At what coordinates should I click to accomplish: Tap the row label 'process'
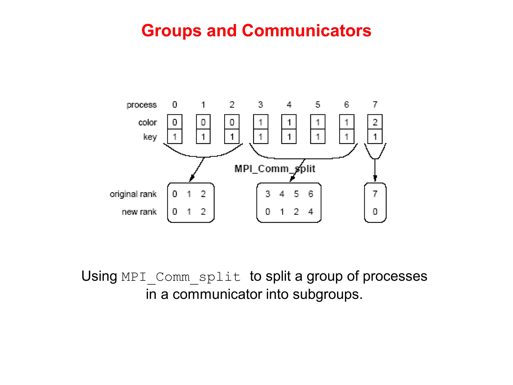point(142,105)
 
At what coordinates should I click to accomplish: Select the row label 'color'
point(148,122)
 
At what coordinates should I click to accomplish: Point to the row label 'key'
point(150,137)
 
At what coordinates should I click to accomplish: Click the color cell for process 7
point(375,122)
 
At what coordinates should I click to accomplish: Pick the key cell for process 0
point(175,137)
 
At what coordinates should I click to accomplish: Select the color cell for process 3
point(261,122)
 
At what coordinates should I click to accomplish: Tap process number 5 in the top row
point(318,105)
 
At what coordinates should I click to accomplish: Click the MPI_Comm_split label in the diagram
point(275,169)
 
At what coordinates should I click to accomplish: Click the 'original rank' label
point(133,194)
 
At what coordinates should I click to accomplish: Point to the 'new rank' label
point(139,212)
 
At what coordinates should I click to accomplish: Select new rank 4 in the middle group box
point(311,212)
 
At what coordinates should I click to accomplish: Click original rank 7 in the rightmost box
point(375,194)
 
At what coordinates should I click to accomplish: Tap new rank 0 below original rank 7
point(375,212)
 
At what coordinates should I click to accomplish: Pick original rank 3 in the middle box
point(268,194)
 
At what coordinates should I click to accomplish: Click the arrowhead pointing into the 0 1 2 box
point(191,179)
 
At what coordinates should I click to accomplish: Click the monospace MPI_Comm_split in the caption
point(181,277)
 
